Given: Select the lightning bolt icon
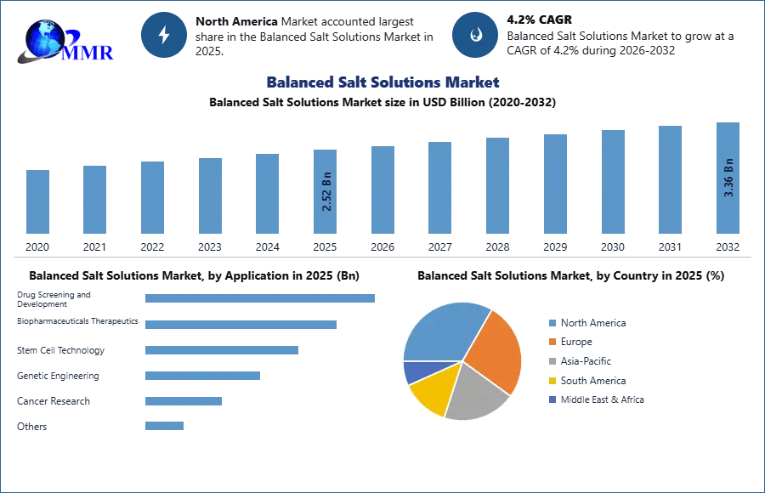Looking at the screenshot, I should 164,35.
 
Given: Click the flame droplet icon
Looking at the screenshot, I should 475,35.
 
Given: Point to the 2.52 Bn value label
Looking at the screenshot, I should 326,194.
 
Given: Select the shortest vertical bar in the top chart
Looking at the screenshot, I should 37,203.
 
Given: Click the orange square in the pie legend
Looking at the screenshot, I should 552,342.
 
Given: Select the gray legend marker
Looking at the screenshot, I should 552,361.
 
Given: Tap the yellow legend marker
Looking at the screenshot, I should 552,381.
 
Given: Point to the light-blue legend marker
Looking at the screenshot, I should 552,323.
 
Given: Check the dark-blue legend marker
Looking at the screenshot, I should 552,400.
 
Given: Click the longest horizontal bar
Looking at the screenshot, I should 261,298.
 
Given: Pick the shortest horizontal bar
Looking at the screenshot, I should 162,428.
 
